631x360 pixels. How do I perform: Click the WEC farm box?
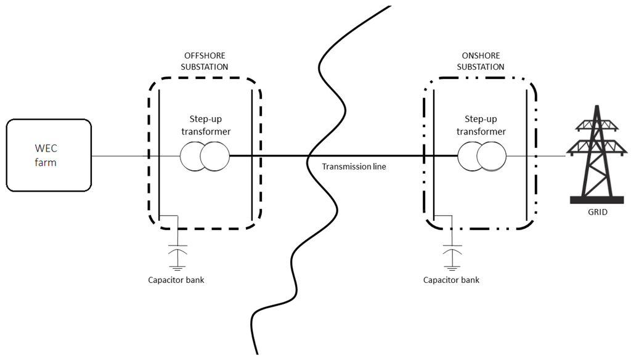(49, 156)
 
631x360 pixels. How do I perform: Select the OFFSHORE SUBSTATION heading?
(206, 62)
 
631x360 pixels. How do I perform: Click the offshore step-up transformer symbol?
(205, 156)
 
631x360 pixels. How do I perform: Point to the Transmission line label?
(354, 166)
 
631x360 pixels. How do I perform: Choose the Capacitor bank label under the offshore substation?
(176, 280)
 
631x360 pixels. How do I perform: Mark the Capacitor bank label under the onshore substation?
(451, 280)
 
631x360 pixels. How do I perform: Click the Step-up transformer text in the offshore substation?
(206, 125)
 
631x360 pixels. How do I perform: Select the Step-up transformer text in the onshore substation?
(485, 125)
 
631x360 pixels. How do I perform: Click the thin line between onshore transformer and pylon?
(536, 156)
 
